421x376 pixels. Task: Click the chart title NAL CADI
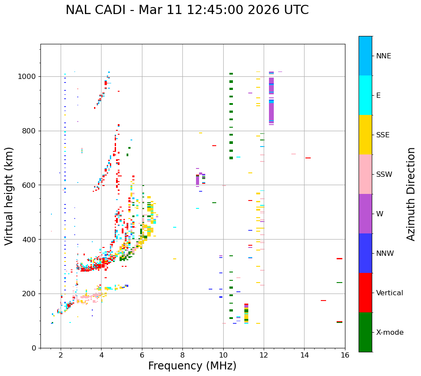(x=187, y=10)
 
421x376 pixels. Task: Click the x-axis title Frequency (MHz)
(x=192, y=366)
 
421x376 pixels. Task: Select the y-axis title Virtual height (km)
(x=9, y=196)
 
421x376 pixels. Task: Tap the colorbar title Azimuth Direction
(x=411, y=194)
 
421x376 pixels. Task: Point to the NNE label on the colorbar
(x=383, y=56)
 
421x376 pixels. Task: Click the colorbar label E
(x=378, y=95)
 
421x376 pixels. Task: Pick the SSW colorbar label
(x=384, y=174)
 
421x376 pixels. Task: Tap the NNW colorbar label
(x=385, y=253)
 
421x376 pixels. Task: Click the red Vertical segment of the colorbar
(x=365, y=293)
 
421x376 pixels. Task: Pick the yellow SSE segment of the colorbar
(x=365, y=135)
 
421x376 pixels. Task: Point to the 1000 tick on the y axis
(x=27, y=77)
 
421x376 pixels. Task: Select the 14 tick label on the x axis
(x=304, y=355)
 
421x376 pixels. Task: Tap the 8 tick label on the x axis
(x=182, y=355)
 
